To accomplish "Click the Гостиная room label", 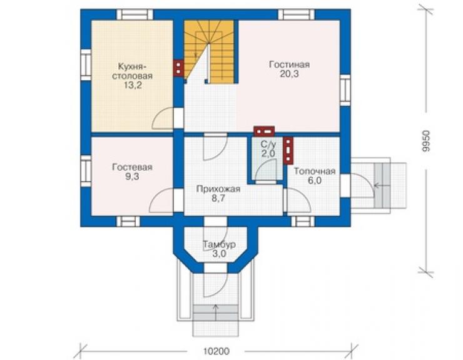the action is (289, 64).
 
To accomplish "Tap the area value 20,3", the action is (289, 74).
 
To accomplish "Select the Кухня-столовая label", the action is (132, 71).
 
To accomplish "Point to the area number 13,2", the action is (133, 85).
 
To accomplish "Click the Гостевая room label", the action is (132, 167).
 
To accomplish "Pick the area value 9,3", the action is (132, 177).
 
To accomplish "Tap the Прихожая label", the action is (218, 189).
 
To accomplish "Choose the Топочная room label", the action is (315, 172).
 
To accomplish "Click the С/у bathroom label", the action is (268, 145).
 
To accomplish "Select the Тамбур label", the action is (219, 244).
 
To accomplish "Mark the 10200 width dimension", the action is (216, 351).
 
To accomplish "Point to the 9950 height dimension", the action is (426, 141).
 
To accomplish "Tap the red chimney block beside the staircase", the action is (178, 68).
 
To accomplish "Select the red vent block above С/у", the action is (264, 131).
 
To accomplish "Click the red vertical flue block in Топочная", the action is (288, 150).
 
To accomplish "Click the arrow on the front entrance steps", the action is (216, 312).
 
